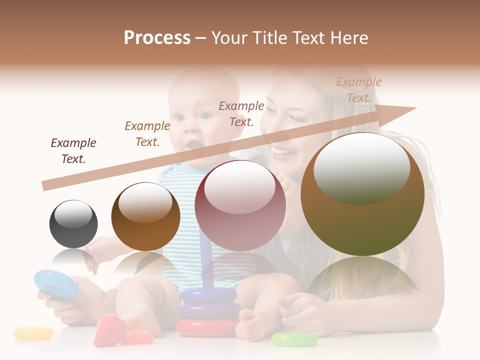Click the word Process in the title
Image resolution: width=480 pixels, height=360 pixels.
157,38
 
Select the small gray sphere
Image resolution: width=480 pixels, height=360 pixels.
73,224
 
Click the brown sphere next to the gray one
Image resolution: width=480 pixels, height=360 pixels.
145,216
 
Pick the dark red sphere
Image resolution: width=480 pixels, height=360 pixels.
240,205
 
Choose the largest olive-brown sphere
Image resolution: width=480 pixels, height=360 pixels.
362,194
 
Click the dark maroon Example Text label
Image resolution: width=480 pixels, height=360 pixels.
73,150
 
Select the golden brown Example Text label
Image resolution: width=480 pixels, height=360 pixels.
147,133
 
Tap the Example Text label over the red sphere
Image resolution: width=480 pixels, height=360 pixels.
241,113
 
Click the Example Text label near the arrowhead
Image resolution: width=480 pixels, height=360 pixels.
358,89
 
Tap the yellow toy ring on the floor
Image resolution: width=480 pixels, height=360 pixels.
33,333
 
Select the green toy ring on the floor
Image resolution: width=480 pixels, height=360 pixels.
294,339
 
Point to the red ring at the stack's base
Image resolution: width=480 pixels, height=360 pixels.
206,328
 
